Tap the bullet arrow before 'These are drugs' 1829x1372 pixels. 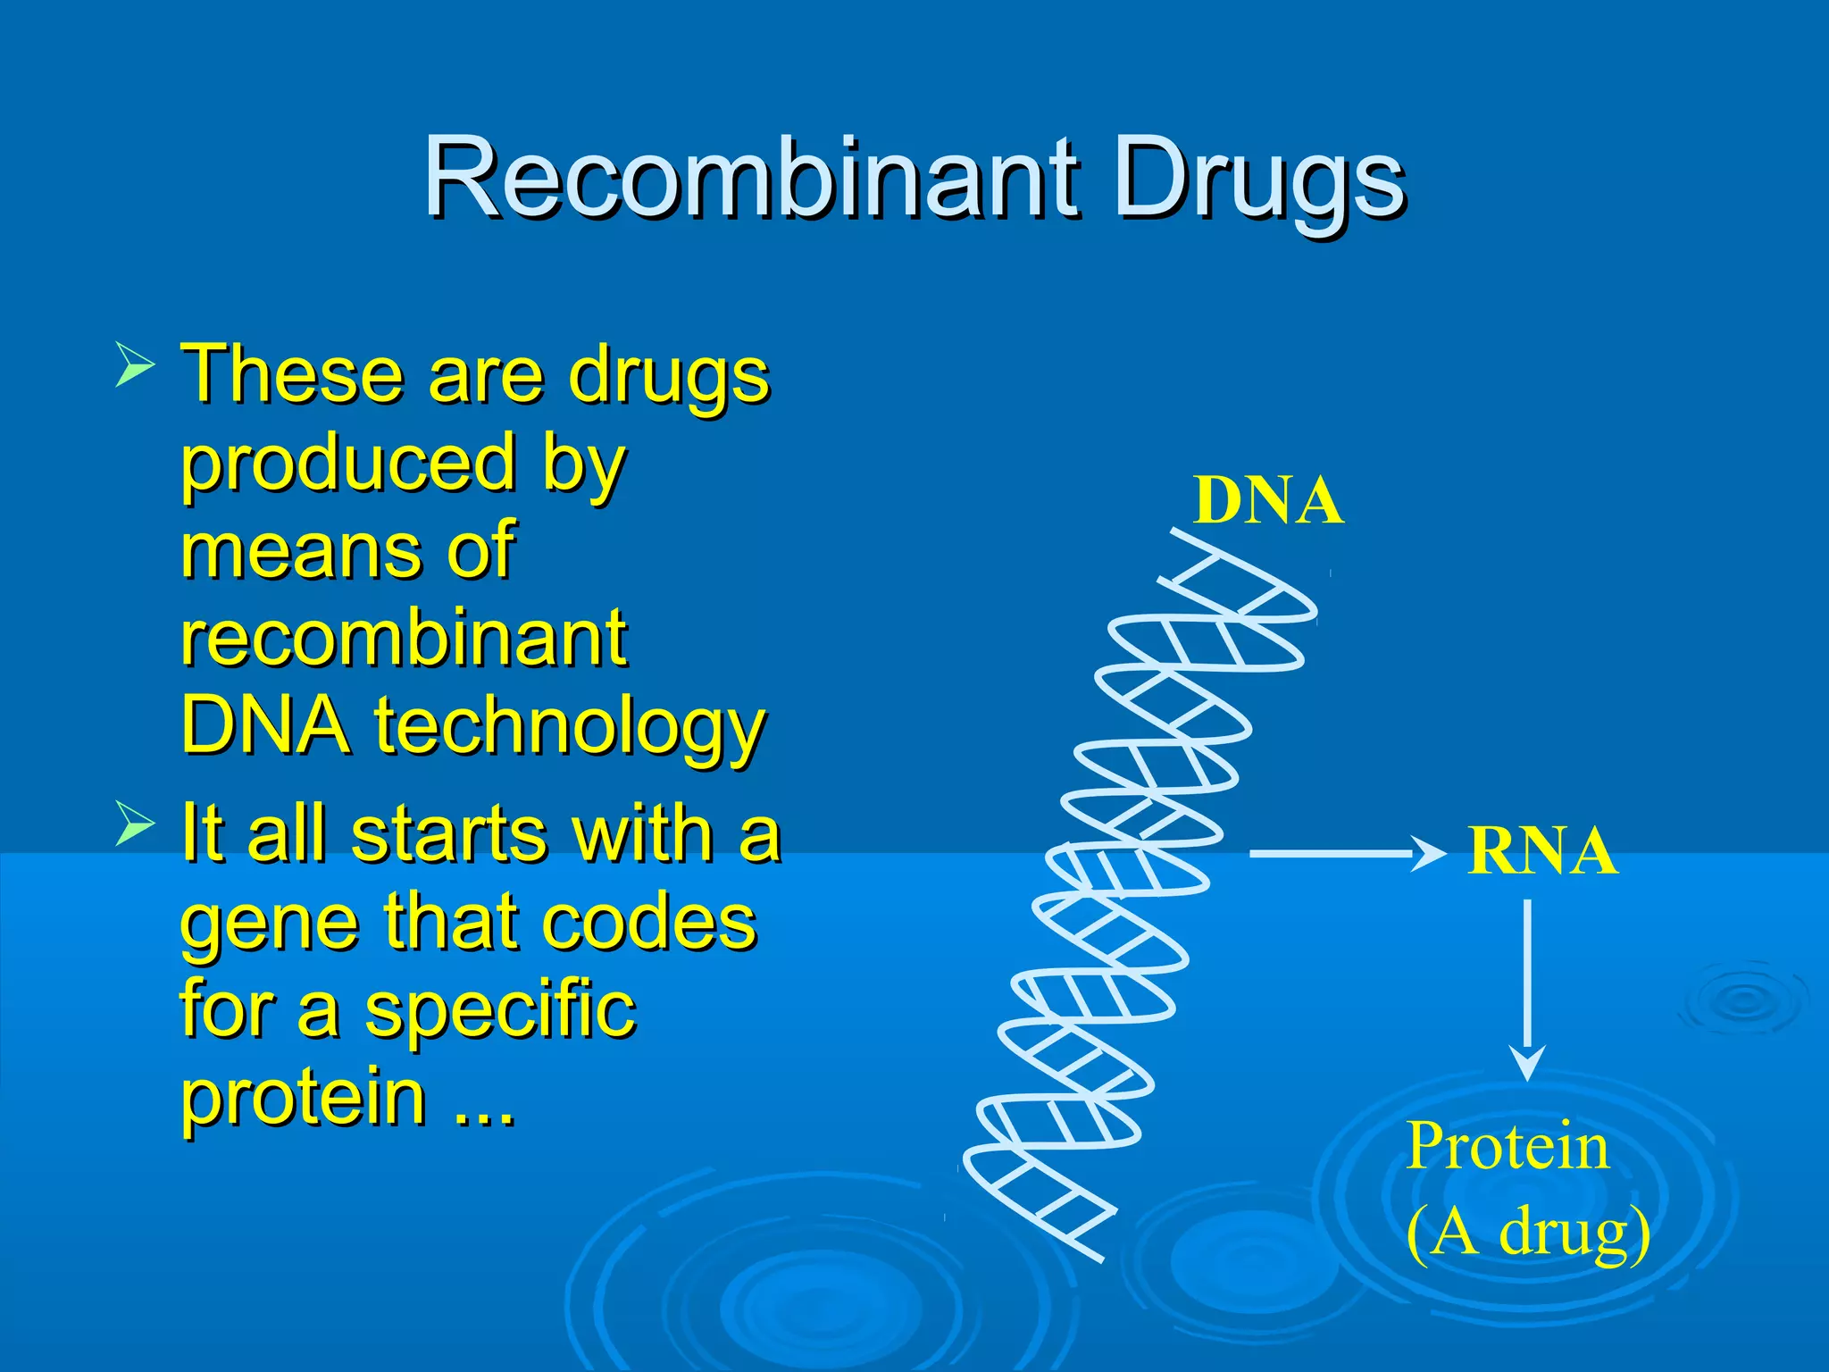[135, 367]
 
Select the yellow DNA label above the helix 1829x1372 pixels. [1267, 501]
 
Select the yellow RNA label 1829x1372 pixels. [1541, 852]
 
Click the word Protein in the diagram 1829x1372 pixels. [1507, 1147]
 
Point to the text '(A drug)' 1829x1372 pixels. [1527, 1233]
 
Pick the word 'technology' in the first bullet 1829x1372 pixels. [569, 725]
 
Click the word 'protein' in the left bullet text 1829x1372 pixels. [304, 1099]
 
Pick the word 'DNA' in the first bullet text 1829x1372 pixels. [264, 725]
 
